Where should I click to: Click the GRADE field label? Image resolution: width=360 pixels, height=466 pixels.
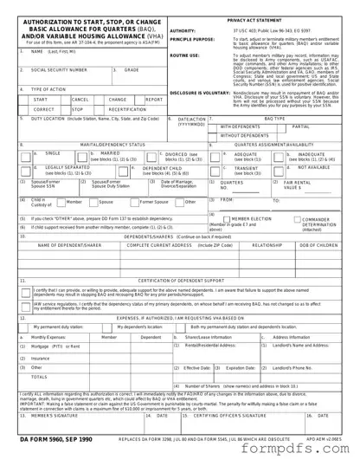pyautogui.click(x=133, y=68)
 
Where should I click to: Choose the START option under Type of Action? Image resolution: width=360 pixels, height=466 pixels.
pyautogui.click(x=41, y=100)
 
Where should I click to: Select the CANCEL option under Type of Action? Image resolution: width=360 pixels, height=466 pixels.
pyautogui.click(x=80, y=100)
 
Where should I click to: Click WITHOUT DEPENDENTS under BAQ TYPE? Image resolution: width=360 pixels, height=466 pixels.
pyautogui.click(x=244, y=135)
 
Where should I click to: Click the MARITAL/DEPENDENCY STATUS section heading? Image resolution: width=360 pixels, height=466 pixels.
pyautogui.click(x=106, y=144)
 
